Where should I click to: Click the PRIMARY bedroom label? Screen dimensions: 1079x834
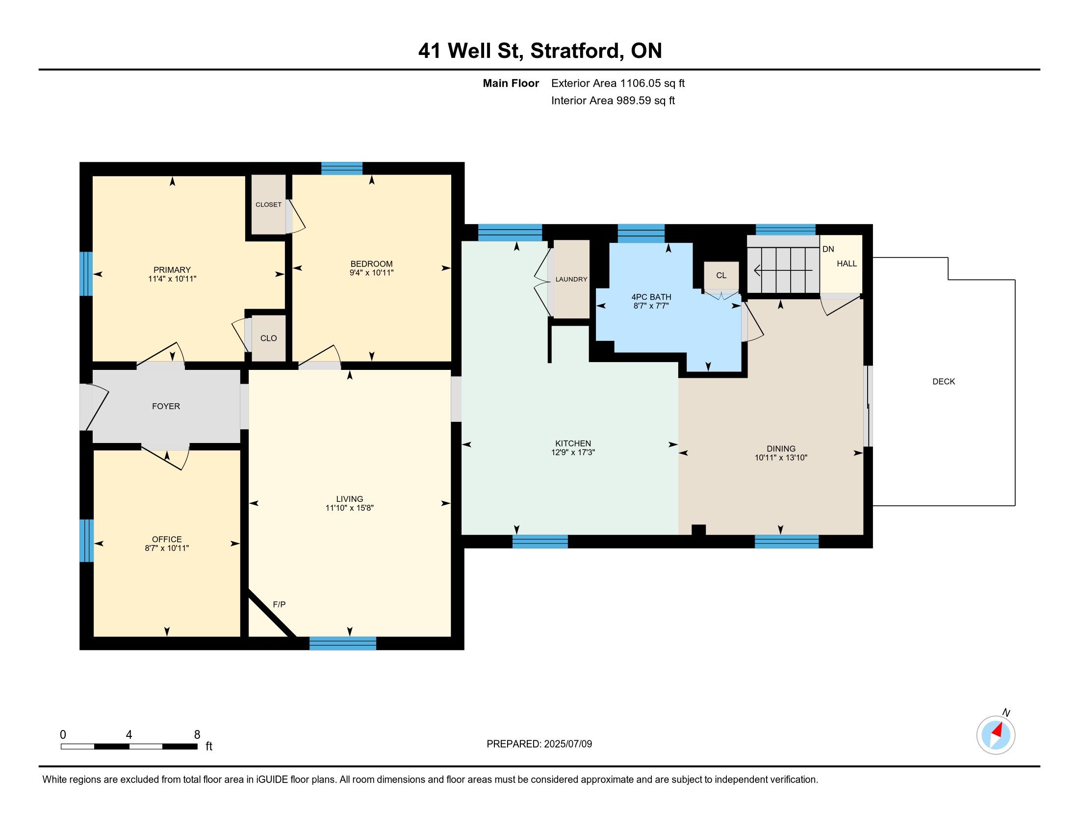coord(172,270)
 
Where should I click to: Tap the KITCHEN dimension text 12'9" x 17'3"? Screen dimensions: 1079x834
coord(573,452)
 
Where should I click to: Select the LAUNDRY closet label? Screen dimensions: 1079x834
coord(571,279)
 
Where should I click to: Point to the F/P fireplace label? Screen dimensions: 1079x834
coord(279,604)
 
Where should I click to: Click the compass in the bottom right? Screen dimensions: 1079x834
coord(996,735)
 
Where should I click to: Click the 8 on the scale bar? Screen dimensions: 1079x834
coord(197,734)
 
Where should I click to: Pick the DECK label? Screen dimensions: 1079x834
coord(944,381)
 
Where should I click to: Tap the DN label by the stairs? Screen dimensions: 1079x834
coord(828,249)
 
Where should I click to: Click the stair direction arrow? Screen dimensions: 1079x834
coord(783,270)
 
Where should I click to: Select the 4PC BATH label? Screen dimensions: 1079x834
coord(651,297)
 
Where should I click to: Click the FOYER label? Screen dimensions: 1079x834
coord(166,406)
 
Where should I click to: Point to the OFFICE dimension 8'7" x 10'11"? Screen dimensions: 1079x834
coord(167,548)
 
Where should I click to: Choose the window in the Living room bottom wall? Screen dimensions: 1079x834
coord(343,643)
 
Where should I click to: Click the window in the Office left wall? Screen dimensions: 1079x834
coord(86,540)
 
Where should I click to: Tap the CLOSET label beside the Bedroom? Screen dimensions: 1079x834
coord(268,205)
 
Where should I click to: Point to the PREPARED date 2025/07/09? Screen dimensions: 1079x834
coord(567,744)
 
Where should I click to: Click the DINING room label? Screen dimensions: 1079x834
coord(781,448)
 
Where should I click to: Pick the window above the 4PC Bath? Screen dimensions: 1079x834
coord(642,234)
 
